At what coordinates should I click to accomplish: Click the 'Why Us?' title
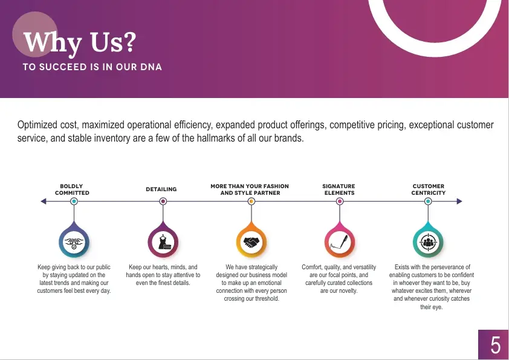[80, 43]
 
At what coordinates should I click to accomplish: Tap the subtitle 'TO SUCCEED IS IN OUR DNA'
[92, 67]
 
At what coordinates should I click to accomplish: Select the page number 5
[495, 345]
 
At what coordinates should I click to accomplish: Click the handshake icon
[251, 242]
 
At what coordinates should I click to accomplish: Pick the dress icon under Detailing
[163, 242]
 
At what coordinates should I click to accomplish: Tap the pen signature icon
[340, 242]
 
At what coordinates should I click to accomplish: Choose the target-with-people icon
[428, 242]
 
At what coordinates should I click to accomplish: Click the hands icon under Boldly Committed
[74, 243]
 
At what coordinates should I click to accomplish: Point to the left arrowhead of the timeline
[44, 201]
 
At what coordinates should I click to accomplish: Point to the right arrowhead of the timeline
[459, 201]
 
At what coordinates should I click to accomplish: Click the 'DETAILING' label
[161, 189]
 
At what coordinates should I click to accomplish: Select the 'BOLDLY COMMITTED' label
[72, 189]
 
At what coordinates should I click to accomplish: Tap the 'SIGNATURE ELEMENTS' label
[339, 189]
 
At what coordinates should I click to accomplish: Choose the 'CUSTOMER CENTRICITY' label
[429, 189]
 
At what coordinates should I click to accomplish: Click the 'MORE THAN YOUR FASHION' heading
[250, 186]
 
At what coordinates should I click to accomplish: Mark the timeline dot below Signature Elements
[340, 201]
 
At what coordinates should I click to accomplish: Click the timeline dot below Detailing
[163, 201]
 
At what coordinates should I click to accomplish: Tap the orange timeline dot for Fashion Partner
[251, 201]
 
